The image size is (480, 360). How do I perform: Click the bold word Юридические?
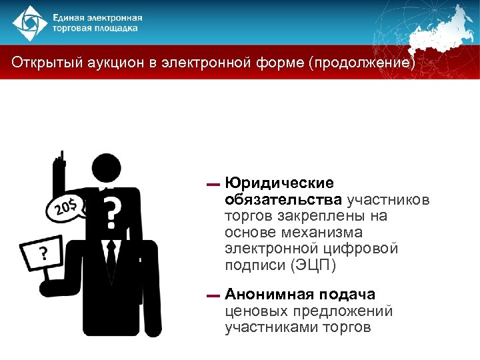point(279,183)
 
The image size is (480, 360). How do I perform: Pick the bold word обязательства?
point(284,199)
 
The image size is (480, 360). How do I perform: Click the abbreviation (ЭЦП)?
point(312,265)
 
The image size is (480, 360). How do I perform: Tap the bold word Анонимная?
point(270,294)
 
